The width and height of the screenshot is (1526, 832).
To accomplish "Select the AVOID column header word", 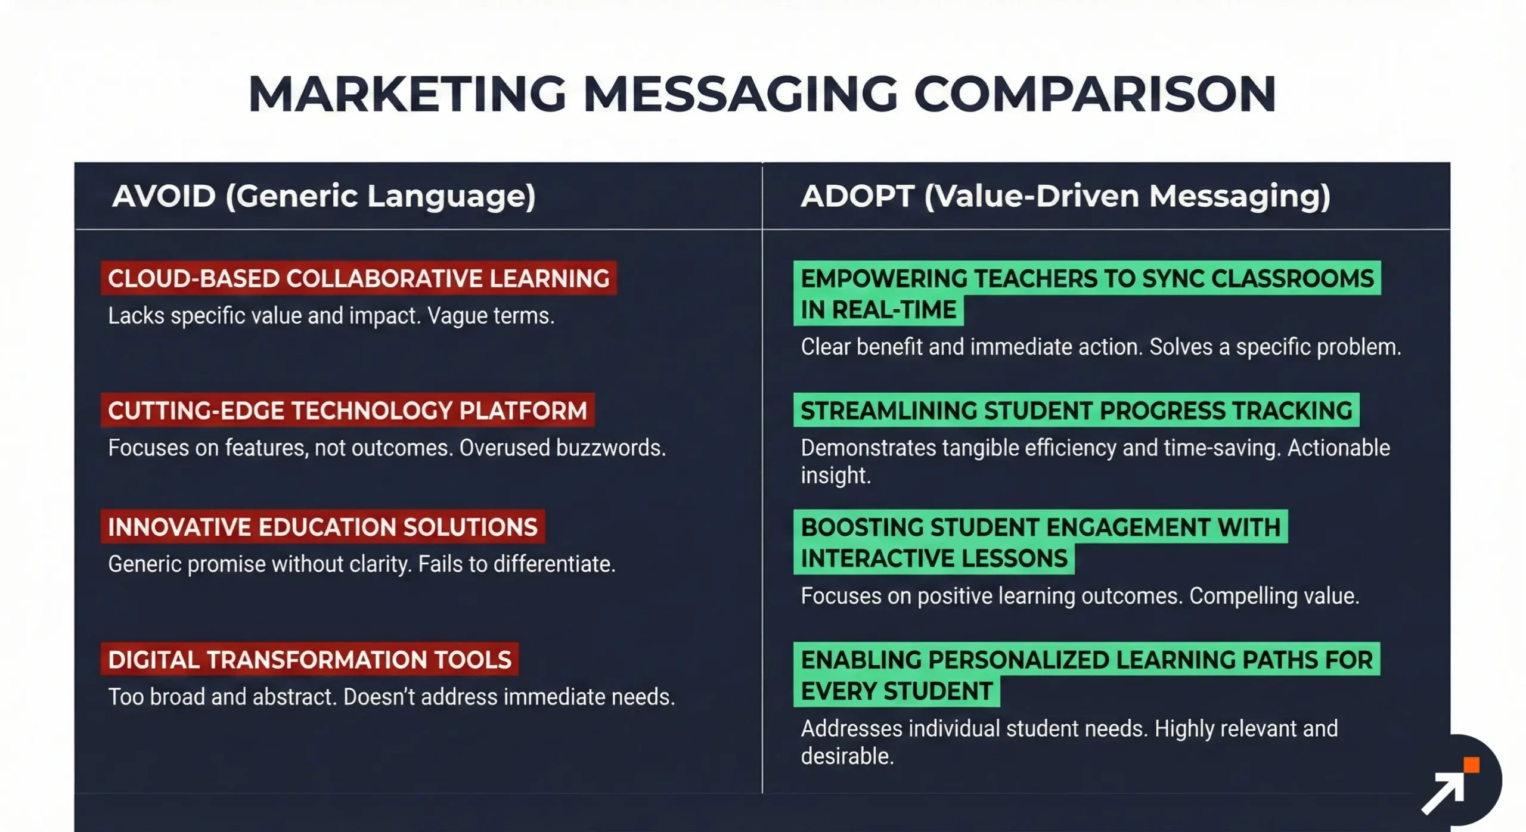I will pyautogui.click(x=164, y=196).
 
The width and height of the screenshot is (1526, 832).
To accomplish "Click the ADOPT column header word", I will pyautogui.click(x=857, y=196).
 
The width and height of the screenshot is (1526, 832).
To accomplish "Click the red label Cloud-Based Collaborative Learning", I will pyautogui.click(x=358, y=278).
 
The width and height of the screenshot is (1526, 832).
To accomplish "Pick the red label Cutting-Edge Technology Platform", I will pyautogui.click(x=348, y=411).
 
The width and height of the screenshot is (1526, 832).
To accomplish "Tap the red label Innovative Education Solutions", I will pyautogui.click(x=322, y=527).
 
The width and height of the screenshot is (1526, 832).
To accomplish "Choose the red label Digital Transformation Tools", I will pyautogui.click(x=309, y=660).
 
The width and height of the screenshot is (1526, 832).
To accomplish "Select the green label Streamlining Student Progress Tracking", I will pyautogui.click(x=1076, y=411).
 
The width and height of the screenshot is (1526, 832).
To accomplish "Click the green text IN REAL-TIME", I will pyautogui.click(x=878, y=310).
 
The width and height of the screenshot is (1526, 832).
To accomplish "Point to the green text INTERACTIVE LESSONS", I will pyautogui.click(x=933, y=559).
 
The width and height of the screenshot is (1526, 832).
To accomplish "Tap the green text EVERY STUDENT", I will pyautogui.click(x=896, y=691).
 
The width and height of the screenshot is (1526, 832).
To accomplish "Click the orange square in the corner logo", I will pyautogui.click(x=1471, y=765).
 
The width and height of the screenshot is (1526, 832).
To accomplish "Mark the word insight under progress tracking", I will pyautogui.click(x=835, y=476).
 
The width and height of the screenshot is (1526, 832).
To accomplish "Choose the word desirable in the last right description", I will pyautogui.click(x=847, y=756).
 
